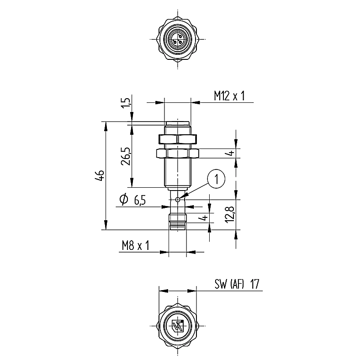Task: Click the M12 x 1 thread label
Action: pos(229,96)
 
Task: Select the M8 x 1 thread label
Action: pos(136,245)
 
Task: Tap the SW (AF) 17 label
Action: pos(237,284)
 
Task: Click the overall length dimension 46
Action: pos(100,175)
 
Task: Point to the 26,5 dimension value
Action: pos(126,156)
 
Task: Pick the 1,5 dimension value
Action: pos(126,103)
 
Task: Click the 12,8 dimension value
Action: pos(230,214)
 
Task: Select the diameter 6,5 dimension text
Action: pos(132,200)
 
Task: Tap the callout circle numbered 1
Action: pos(216,179)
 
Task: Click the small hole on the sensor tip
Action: pos(178,200)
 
